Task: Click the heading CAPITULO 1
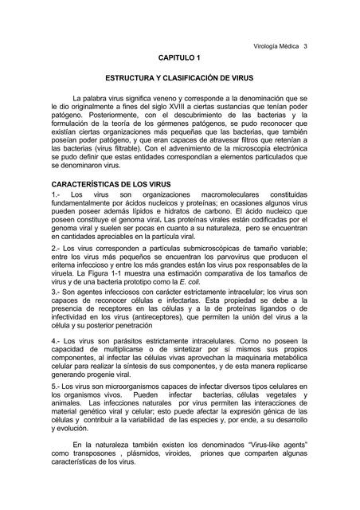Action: pyautogui.click(x=180, y=60)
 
